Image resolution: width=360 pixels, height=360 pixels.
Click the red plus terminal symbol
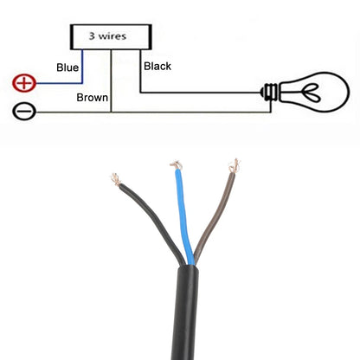click(x=24, y=83)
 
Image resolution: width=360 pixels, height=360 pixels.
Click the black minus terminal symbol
click(x=24, y=112)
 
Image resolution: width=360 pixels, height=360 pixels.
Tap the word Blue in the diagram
click(x=67, y=67)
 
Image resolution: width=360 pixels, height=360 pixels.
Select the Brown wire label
click(x=93, y=98)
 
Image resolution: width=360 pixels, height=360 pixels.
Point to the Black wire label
click(x=157, y=67)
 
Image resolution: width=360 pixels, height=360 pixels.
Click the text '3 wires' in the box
click(x=107, y=36)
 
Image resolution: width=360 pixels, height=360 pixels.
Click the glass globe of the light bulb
click(x=314, y=93)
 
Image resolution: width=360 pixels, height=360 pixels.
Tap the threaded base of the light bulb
click(x=270, y=93)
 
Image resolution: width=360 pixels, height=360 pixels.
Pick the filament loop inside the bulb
click(x=311, y=93)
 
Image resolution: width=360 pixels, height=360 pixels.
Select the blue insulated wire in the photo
click(x=183, y=216)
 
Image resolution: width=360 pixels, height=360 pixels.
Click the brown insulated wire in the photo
click(x=215, y=216)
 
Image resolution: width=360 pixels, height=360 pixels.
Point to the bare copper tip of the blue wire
click(x=177, y=165)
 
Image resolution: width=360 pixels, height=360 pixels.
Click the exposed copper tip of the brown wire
click(x=235, y=166)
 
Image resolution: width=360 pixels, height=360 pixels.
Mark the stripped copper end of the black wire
click(x=116, y=179)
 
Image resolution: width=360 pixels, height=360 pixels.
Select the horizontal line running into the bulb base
click(x=201, y=93)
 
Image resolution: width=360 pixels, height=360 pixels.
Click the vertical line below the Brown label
click(x=111, y=80)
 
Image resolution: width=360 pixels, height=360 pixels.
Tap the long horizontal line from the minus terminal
click(x=153, y=112)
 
